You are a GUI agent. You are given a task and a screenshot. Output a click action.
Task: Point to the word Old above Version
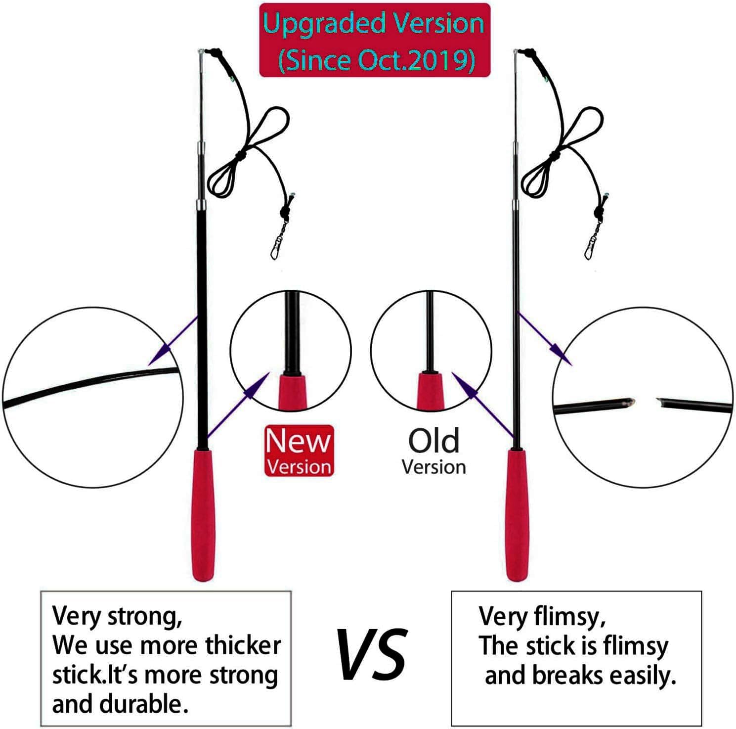coord(433,441)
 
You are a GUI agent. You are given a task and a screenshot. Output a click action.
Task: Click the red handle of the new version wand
coord(203,514)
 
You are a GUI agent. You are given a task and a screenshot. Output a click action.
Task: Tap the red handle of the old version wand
coord(517,514)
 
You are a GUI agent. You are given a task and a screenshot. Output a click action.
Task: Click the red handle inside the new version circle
coord(291,392)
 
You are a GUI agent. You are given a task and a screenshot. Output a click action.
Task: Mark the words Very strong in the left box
coord(117,616)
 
